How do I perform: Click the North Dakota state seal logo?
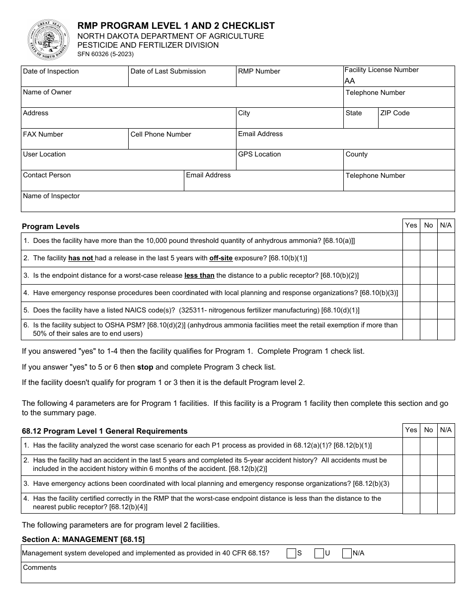tap(48, 40)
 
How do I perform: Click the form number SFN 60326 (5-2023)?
tap(105, 55)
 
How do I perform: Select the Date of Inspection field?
tap(75, 78)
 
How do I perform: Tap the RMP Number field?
tap(289, 78)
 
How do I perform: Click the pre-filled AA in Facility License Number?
tap(350, 81)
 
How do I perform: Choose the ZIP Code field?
tap(416, 121)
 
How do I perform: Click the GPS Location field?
tap(289, 162)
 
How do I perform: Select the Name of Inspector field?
tap(237, 204)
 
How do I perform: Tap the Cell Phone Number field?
tap(182, 141)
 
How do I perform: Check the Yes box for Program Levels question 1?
tap(411, 241)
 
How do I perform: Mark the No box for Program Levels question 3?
tap(428, 276)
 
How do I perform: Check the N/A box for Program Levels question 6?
tap(446, 329)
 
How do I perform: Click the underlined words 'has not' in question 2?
tap(81, 258)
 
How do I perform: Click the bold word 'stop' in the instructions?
tap(145, 367)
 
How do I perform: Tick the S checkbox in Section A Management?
tap(291, 553)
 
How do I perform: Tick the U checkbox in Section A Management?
tap(319, 553)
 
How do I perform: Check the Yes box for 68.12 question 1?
tap(411, 446)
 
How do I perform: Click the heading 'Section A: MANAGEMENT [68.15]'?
tap(83, 539)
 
